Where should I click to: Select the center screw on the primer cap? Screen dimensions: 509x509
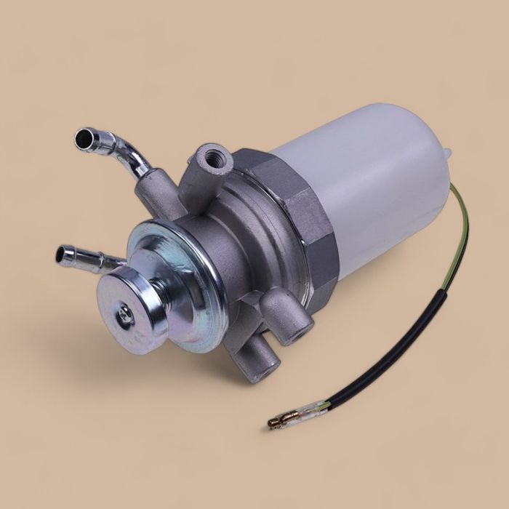tap(126, 313)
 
